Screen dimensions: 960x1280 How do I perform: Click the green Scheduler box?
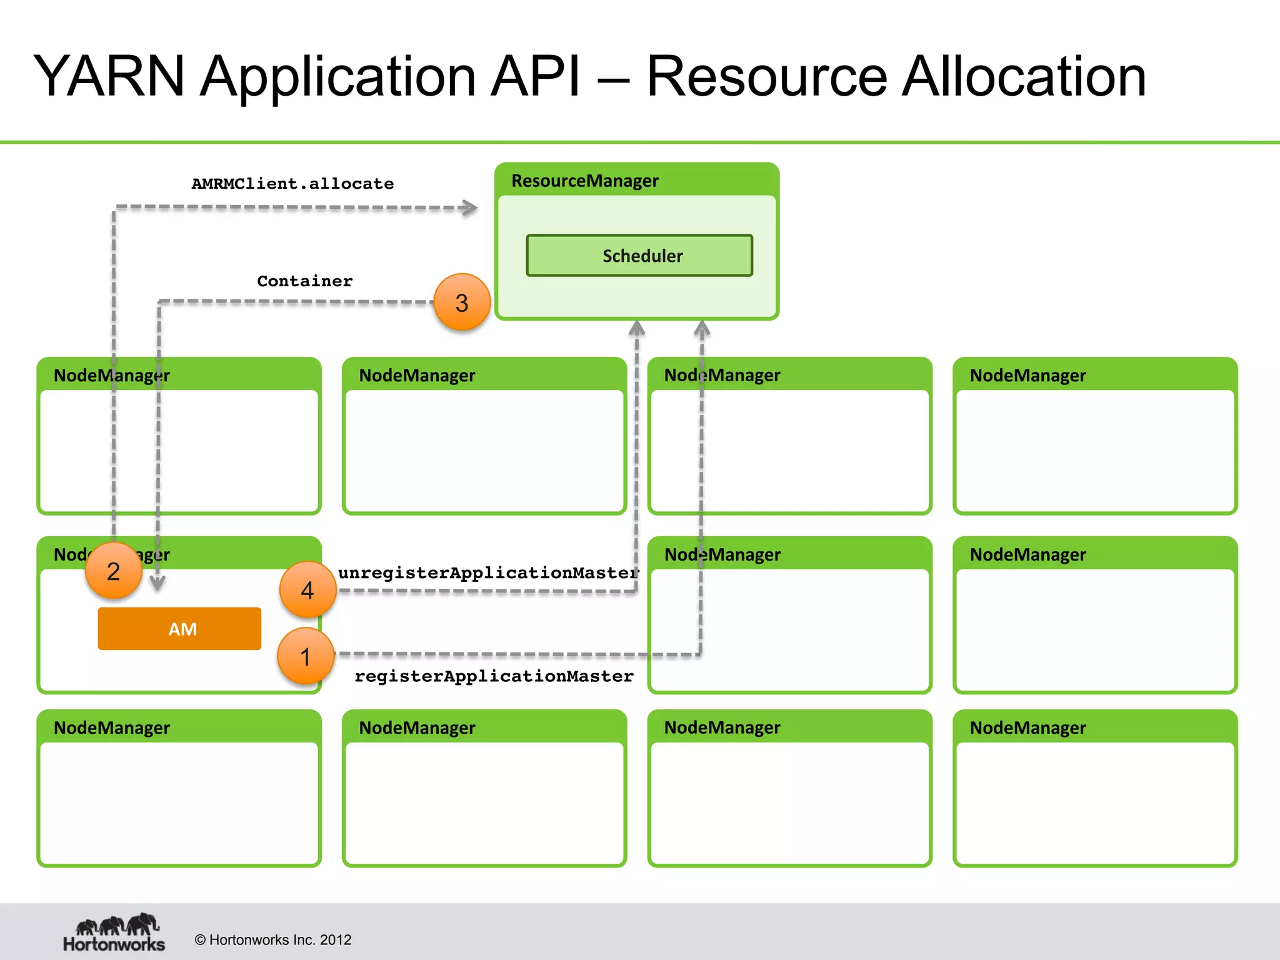tap(639, 256)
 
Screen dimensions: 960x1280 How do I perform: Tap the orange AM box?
tap(179, 629)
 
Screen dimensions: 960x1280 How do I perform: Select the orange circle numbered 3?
tap(462, 302)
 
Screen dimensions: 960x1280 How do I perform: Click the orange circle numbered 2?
tap(113, 571)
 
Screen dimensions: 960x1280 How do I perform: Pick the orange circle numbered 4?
tap(307, 590)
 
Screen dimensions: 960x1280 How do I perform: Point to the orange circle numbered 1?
tap(306, 656)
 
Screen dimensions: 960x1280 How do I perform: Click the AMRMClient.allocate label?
tap(292, 184)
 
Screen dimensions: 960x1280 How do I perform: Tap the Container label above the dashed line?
tap(304, 281)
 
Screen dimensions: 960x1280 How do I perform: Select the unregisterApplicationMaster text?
tap(488, 572)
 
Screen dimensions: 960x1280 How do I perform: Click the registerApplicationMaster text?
tap(494, 676)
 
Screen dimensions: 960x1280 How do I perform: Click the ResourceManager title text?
tap(584, 181)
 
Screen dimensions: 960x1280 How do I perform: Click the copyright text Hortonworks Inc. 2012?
tap(273, 940)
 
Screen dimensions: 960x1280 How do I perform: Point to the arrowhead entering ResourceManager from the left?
tap(470, 207)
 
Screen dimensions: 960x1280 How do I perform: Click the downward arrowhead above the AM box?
tap(157, 584)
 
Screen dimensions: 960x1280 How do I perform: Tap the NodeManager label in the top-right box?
tap(1027, 376)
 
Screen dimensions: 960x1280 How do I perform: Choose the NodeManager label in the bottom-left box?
tap(112, 728)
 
